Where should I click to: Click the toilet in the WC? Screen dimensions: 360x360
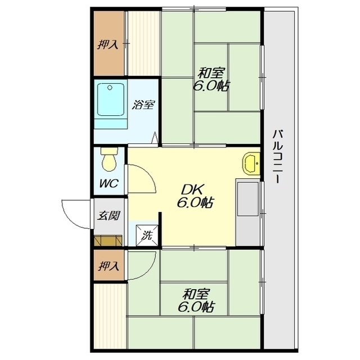109,159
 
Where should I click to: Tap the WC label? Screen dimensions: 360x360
109,183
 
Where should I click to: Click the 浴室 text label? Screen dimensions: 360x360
143,105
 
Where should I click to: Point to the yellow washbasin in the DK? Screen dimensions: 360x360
251,164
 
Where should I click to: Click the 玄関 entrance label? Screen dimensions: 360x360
109,216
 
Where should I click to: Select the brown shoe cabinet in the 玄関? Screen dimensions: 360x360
108,241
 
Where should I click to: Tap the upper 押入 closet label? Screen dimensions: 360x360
108,44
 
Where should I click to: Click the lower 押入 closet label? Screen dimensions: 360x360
109,265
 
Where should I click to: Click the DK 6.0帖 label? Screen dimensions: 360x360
195,196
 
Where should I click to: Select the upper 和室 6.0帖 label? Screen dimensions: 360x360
211,79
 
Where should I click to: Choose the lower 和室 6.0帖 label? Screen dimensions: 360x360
196,300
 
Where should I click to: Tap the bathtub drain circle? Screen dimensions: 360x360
110,88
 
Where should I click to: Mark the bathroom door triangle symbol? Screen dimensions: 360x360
155,137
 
